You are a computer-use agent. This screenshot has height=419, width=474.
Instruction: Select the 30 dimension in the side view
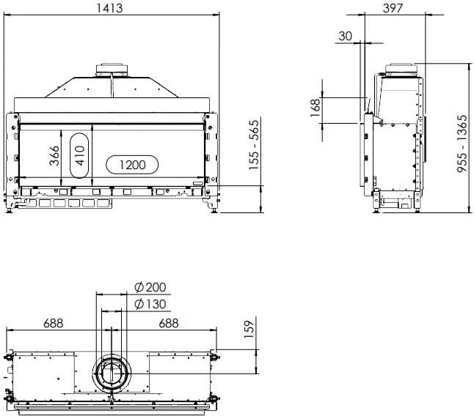tap(346, 35)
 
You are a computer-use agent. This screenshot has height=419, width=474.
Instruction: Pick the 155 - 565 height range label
tap(254, 145)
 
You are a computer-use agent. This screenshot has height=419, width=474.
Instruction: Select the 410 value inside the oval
tap(80, 155)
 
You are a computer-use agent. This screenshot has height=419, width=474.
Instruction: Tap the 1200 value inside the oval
tap(131, 165)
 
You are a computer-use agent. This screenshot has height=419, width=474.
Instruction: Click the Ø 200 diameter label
tap(151, 286)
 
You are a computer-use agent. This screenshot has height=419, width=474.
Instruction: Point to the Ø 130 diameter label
tap(151, 304)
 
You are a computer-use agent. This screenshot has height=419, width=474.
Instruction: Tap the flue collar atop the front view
tap(112, 70)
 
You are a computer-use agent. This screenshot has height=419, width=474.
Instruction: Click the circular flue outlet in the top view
tap(112, 374)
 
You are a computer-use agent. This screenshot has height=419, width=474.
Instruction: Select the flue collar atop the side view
tap(401, 68)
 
